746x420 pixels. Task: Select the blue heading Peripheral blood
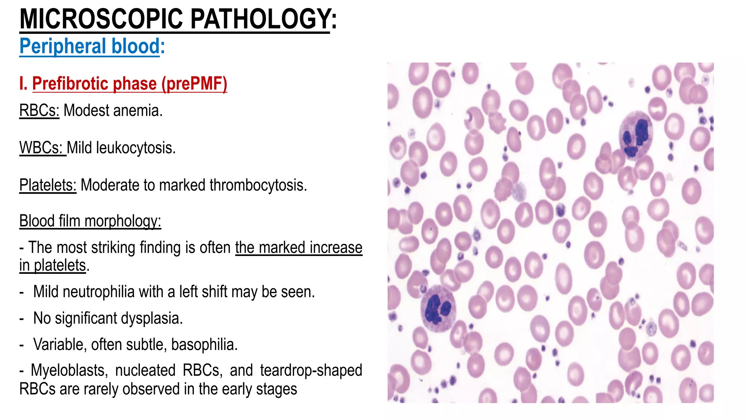(x=90, y=46)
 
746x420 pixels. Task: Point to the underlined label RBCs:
(x=39, y=110)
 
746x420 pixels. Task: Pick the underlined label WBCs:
(x=42, y=148)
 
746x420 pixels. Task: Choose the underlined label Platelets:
(x=48, y=185)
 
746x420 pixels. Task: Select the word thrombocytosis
(x=258, y=185)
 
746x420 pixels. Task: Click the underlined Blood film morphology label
(x=90, y=221)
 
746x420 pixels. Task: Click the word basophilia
(x=204, y=345)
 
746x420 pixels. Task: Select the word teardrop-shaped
(x=311, y=370)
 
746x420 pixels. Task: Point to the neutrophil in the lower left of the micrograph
(x=438, y=308)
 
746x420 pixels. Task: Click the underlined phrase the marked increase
(x=299, y=248)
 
